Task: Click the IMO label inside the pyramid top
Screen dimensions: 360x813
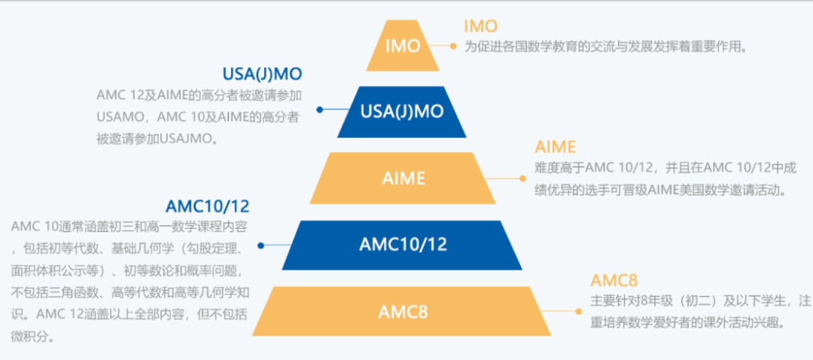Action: pyautogui.click(x=403, y=46)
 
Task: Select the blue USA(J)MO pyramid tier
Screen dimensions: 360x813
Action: pyautogui.click(x=402, y=111)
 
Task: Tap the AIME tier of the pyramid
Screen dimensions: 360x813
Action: pyautogui.click(x=403, y=178)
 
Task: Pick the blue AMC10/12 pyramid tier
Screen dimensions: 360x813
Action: pyautogui.click(x=403, y=245)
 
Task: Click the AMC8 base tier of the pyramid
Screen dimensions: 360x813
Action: pyautogui.click(x=402, y=311)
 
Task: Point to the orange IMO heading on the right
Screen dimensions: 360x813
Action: pyautogui.click(x=480, y=27)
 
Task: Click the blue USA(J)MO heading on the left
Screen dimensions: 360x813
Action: pyautogui.click(x=261, y=74)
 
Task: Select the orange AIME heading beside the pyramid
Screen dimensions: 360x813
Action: pyautogui.click(x=555, y=146)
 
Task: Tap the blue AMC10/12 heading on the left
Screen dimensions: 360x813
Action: pyautogui.click(x=207, y=206)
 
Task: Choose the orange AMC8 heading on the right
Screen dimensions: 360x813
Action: pyautogui.click(x=614, y=281)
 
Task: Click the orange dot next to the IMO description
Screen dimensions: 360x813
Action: pyautogui.click(x=453, y=46)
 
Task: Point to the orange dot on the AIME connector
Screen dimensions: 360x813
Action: pyautogui.click(x=522, y=178)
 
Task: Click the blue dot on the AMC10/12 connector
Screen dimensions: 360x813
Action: pyautogui.click(x=260, y=245)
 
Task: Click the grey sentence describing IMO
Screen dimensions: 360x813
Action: pyautogui.click(x=605, y=47)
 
